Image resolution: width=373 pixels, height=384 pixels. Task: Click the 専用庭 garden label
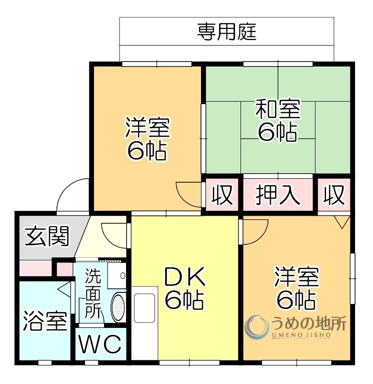[226, 32]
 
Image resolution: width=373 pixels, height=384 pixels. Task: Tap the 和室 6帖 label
[277, 120]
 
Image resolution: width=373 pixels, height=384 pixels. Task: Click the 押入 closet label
[279, 195]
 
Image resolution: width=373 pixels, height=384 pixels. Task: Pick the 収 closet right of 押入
[334, 195]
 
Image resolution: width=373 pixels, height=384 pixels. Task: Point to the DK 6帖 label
[184, 288]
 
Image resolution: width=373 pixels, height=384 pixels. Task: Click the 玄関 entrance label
[47, 236]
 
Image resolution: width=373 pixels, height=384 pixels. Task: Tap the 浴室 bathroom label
[45, 321]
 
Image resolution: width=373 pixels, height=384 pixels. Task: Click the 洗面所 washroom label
[92, 294]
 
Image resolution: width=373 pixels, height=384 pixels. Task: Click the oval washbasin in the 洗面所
[118, 308]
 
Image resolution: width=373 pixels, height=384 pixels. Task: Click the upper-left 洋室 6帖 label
[147, 138]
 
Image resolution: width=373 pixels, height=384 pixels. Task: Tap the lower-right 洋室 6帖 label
[296, 288]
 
